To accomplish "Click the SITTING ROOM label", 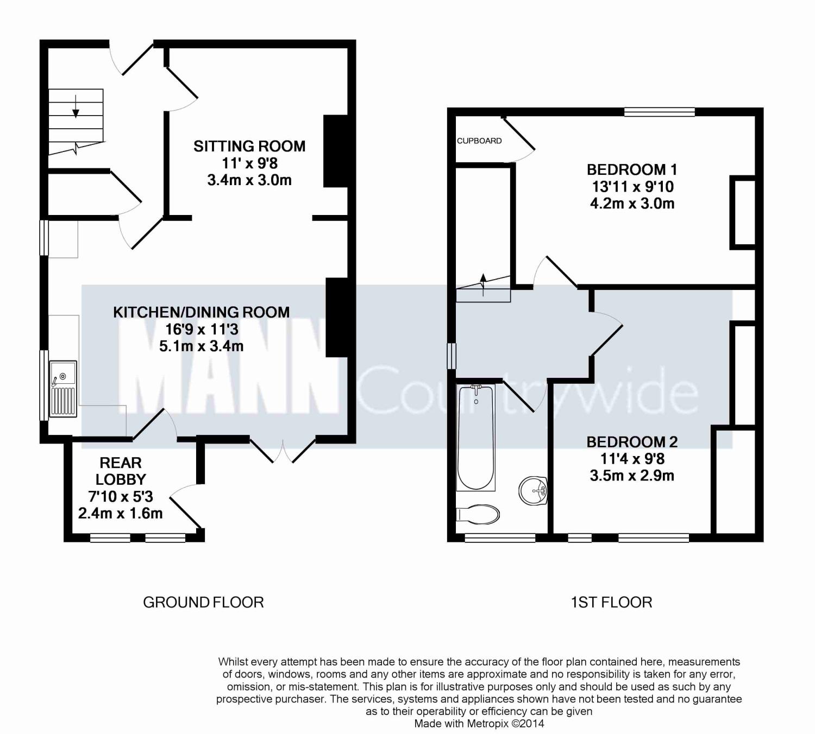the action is point(249,146).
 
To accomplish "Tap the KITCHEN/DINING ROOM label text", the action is point(202,312).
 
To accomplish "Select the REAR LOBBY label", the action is point(121,471).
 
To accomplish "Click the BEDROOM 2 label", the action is point(632,442).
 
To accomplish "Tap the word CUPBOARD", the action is point(479,141).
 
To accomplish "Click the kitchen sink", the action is point(64,389).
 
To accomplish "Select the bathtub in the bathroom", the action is point(476,438).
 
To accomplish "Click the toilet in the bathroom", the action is point(478,515).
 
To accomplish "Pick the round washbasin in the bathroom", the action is point(533,491).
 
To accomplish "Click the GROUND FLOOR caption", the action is point(204,603).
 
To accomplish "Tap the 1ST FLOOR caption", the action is point(612,603).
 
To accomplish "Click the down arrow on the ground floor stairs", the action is point(76,106).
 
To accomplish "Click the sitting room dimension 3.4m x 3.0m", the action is point(249,180).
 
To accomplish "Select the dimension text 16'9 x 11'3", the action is point(202,329).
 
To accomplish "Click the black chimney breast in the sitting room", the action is point(336,151).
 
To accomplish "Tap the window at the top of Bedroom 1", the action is point(660,112).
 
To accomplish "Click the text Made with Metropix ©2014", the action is point(479,724).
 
